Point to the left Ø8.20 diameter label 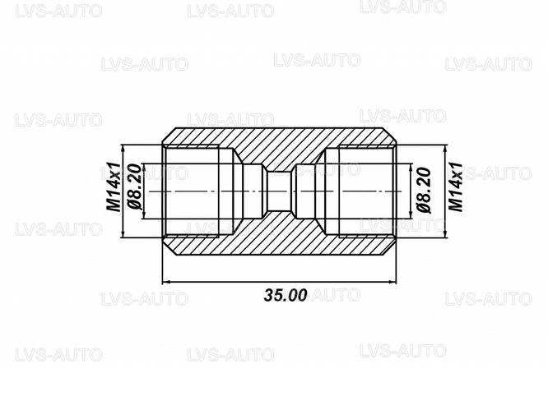(136, 190)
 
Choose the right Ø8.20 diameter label (426, 190)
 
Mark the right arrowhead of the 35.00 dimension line (395, 281)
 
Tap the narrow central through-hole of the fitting (281, 191)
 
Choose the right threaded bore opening (362, 191)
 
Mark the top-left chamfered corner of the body (168, 132)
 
